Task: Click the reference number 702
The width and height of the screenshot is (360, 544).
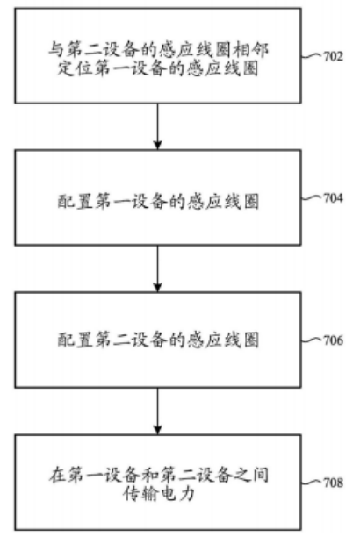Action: click(x=334, y=56)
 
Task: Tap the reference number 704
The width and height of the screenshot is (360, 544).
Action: click(x=334, y=197)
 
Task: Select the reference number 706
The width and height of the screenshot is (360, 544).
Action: click(x=334, y=340)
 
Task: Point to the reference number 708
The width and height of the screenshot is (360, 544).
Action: click(x=334, y=483)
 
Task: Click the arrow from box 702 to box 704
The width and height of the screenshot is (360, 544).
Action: click(x=158, y=126)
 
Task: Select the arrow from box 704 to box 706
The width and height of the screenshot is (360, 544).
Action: click(x=158, y=268)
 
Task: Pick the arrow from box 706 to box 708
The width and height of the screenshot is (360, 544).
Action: click(x=158, y=411)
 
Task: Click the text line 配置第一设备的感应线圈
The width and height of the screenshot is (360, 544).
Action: click(x=158, y=201)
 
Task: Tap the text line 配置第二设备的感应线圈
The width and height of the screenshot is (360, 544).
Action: click(x=158, y=340)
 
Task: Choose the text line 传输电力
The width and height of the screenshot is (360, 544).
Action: click(x=158, y=493)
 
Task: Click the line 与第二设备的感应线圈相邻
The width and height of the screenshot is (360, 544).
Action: click(x=158, y=50)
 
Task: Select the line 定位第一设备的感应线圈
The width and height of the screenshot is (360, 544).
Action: click(x=158, y=68)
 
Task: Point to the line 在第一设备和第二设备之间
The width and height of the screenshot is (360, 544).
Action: click(x=158, y=475)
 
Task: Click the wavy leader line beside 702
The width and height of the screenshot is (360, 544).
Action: click(x=312, y=55)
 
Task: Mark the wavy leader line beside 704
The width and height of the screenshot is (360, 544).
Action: click(x=312, y=197)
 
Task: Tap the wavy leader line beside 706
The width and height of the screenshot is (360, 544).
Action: click(x=312, y=340)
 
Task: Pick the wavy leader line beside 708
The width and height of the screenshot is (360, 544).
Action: click(x=312, y=483)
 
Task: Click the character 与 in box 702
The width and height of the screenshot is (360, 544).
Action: click(x=56, y=50)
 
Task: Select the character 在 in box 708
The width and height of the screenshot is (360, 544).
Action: click(x=56, y=475)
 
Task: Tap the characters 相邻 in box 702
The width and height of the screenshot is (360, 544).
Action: click(x=250, y=50)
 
